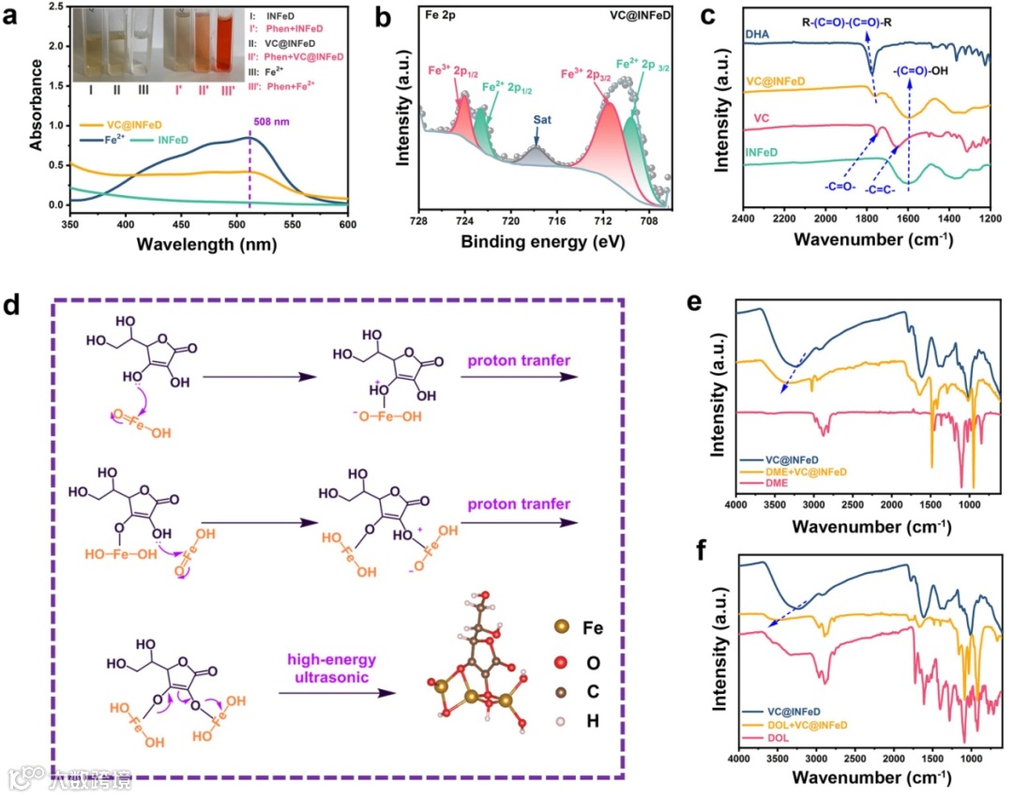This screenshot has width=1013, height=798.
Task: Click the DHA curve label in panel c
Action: tap(757, 34)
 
